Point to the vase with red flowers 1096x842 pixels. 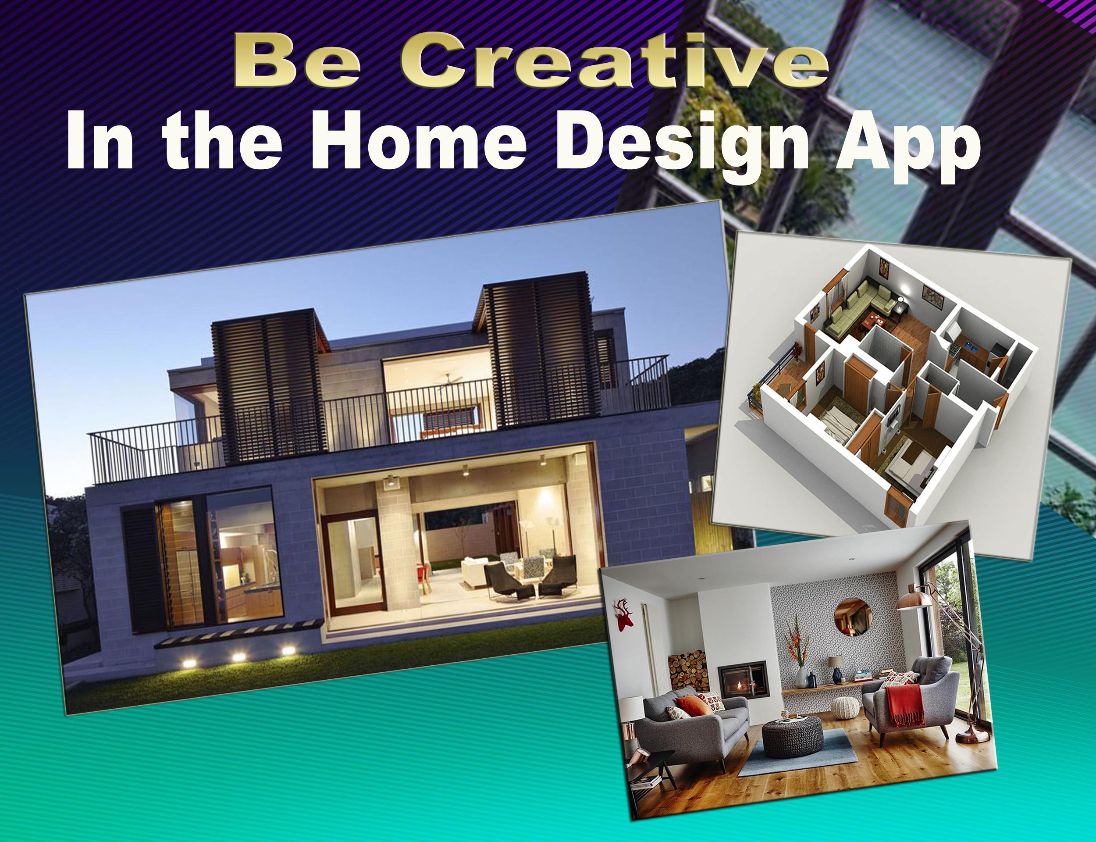click(798, 654)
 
